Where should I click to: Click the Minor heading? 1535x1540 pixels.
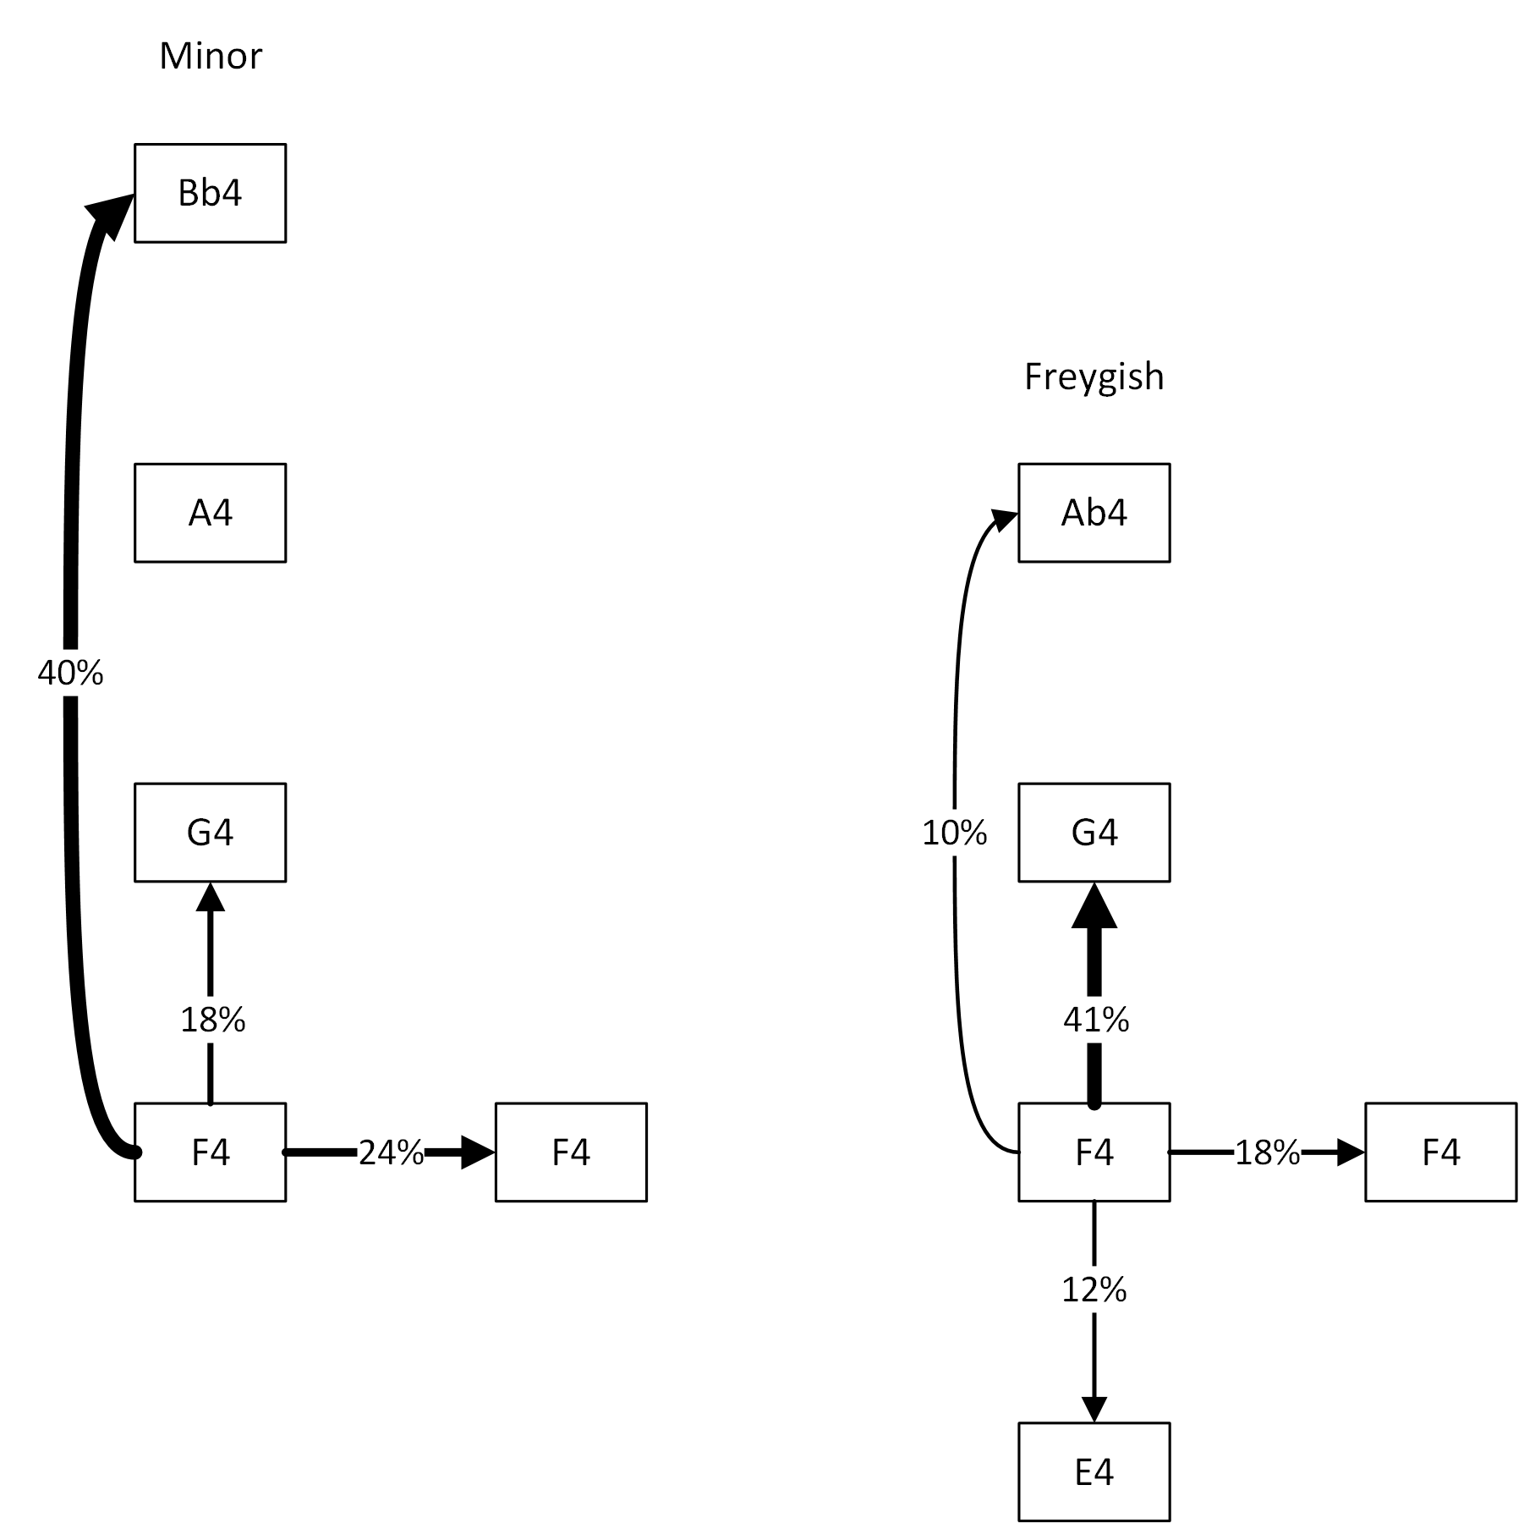pyautogui.click(x=211, y=56)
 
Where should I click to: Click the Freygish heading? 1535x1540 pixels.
pyautogui.click(x=1094, y=377)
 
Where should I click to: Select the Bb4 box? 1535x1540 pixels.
pyautogui.click(x=211, y=193)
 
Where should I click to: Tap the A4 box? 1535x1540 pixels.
pyautogui.click(x=211, y=513)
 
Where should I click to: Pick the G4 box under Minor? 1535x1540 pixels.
pyautogui.click(x=211, y=833)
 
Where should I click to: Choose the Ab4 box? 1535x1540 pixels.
pyautogui.click(x=1094, y=513)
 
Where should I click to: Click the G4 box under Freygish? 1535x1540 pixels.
pyautogui.click(x=1094, y=833)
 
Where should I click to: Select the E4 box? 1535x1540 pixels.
pyautogui.click(x=1094, y=1472)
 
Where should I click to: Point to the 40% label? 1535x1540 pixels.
pyautogui.click(x=70, y=674)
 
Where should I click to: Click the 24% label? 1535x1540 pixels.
pyautogui.click(x=391, y=1152)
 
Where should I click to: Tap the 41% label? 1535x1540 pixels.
pyautogui.click(x=1095, y=1020)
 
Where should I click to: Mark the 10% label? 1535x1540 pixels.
pyautogui.click(x=954, y=834)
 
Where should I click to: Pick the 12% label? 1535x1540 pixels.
pyautogui.click(x=1094, y=1290)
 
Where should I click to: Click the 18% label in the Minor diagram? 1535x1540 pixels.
pyautogui.click(x=212, y=1020)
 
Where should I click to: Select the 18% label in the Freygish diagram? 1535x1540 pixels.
pyautogui.click(x=1267, y=1152)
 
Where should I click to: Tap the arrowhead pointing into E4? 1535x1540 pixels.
pyautogui.click(x=1094, y=1410)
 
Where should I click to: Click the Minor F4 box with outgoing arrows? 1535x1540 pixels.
pyautogui.click(x=211, y=1152)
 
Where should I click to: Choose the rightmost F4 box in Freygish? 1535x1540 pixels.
pyautogui.click(x=1440, y=1152)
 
